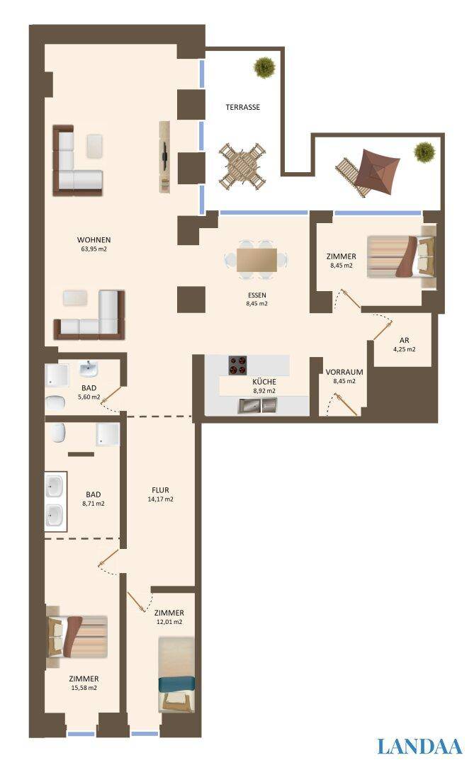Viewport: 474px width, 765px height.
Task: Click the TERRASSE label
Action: click(242, 108)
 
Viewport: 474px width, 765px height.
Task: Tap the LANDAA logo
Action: click(419, 746)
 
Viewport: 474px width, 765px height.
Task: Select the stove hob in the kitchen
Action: click(238, 365)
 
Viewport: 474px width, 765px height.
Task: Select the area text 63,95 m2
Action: click(94, 249)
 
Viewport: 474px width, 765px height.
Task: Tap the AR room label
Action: click(405, 339)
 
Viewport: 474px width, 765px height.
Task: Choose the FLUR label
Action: click(159, 489)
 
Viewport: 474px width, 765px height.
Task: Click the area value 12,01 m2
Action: click(169, 622)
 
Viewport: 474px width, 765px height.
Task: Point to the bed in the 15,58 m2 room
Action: click(76, 636)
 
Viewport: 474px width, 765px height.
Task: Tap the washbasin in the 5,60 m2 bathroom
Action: click(88, 369)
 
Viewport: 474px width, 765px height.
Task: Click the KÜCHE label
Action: click(264, 381)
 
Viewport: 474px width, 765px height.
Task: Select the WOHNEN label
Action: click(94, 239)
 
